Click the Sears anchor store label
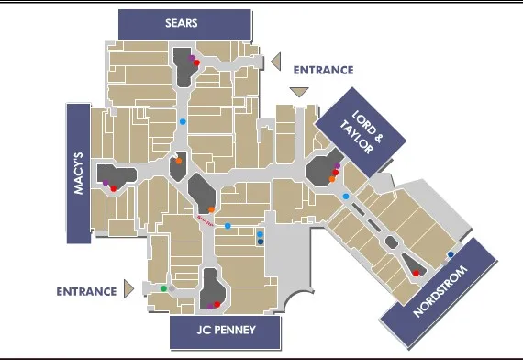click(x=184, y=22)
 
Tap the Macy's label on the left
click(x=78, y=169)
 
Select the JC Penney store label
click(x=225, y=330)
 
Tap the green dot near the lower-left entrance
click(x=163, y=288)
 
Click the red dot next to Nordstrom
click(x=416, y=273)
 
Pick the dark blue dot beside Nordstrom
click(x=451, y=254)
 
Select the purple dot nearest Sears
click(x=192, y=57)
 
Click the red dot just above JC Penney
click(x=217, y=304)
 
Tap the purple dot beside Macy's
click(x=106, y=186)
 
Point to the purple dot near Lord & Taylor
click(x=338, y=166)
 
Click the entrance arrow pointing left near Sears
click(x=273, y=62)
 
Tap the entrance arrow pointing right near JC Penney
click(x=129, y=290)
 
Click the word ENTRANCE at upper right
click(x=323, y=69)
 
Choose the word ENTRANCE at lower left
click(x=85, y=291)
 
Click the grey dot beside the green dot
click(x=172, y=288)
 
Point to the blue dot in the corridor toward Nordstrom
click(x=345, y=197)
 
